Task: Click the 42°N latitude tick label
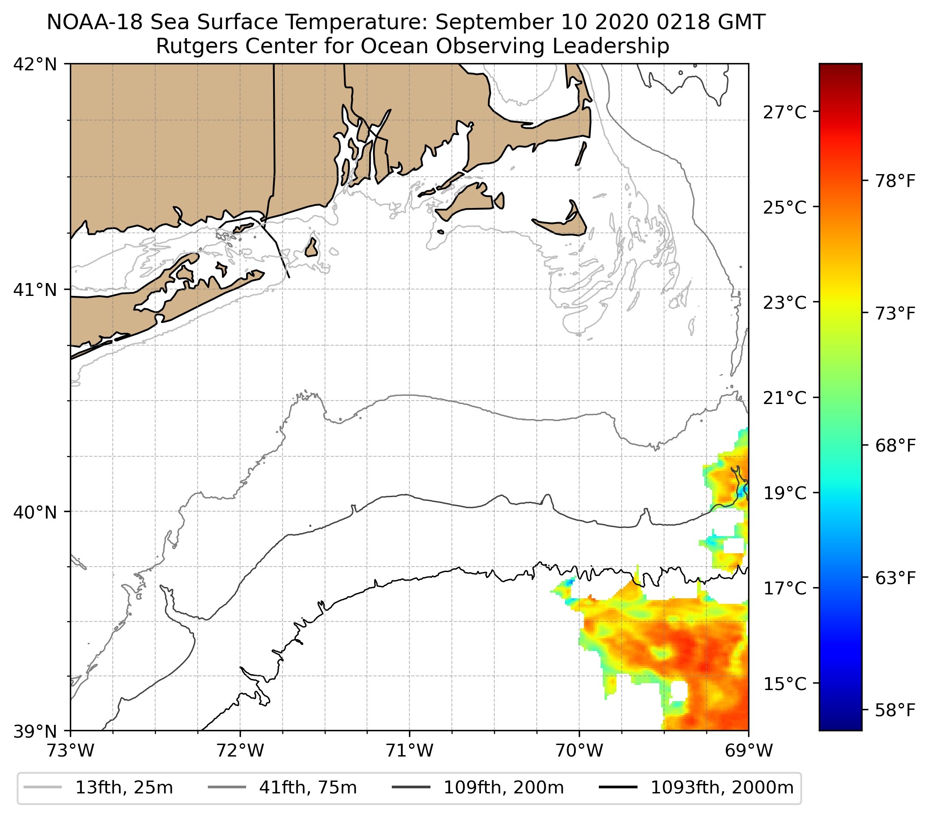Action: [35, 65]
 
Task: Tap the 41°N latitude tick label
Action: [35, 289]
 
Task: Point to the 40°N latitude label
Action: [35, 512]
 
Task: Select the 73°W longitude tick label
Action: [70, 751]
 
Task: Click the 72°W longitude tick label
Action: [240, 751]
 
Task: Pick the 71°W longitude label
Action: [409, 751]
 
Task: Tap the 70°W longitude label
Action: [580, 751]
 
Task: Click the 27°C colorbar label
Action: [785, 112]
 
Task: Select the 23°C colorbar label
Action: [785, 302]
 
